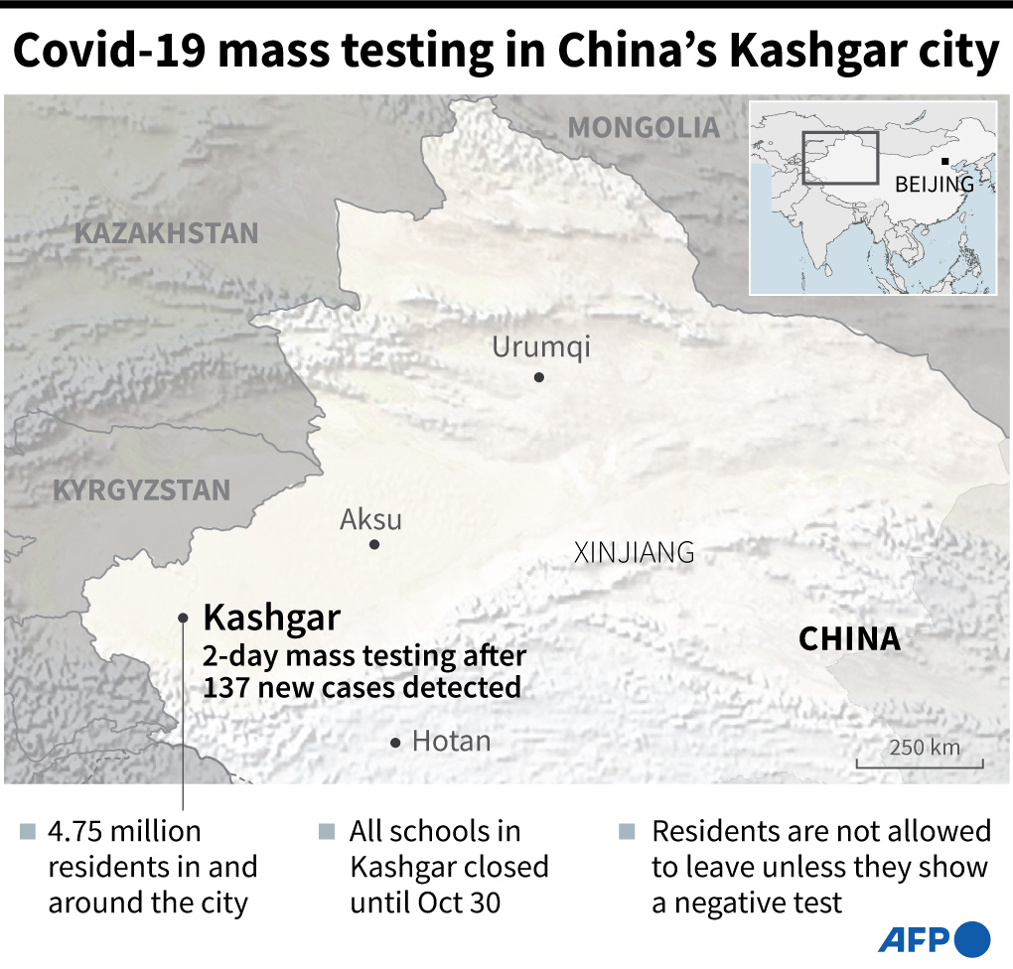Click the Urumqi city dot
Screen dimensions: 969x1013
pyautogui.click(x=538, y=377)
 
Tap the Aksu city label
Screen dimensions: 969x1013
pyautogui.click(x=370, y=519)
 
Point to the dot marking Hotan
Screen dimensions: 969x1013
pyautogui.click(x=396, y=743)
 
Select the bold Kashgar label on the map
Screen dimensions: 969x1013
pyautogui.click(x=271, y=618)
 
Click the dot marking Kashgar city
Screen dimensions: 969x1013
pyautogui.click(x=184, y=618)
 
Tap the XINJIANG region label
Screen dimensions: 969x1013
pyautogui.click(x=634, y=553)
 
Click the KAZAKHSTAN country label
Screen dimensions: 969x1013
pyautogui.click(x=167, y=233)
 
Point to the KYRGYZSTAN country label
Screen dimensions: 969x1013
pyautogui.click(x=141, y=490)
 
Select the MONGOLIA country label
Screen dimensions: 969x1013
pyautogui.click(x=644, y=127)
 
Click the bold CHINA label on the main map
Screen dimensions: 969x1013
pyautogui.click(x=849, y=638)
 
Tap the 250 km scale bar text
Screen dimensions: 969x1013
pyautogui.click(x=925, y=747)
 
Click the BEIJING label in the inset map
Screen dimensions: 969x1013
pyautogui.click(x=934, y=184)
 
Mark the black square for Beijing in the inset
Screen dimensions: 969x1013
pyautogui.click(x=945, y=162)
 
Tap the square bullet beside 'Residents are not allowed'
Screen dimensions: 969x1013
pyautogui.click(x=626, y=831)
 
